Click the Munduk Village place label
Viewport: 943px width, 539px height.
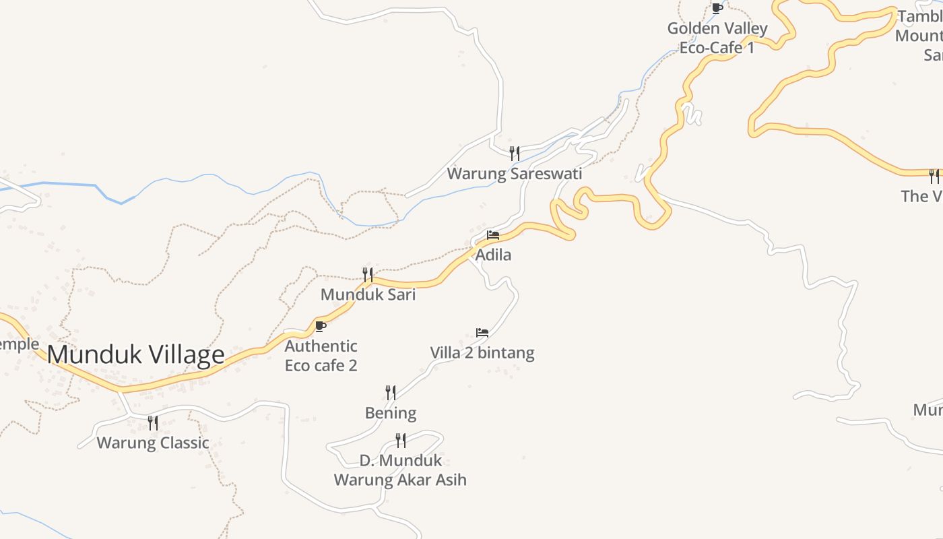tap(135, 354)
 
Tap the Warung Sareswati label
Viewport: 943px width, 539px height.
tap(515, 174)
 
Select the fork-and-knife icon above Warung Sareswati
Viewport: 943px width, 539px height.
tap(515, 153)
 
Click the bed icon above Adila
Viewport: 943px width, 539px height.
tap(493, 235)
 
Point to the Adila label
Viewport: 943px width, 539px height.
tap(493, 255)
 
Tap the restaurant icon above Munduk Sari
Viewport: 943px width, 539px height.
tap(368, 274)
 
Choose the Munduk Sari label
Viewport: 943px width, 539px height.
tap(368, 294)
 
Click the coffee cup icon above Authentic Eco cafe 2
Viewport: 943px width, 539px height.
tap(321, 327)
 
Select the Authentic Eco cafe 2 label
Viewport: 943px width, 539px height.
tap(321, 356)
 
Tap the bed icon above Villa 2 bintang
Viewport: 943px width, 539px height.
tap(482, 333)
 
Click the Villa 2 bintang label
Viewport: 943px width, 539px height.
tap(482, 352)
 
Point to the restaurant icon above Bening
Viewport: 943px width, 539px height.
tap(391, 392)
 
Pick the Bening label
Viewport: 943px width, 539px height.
tap(391, 412)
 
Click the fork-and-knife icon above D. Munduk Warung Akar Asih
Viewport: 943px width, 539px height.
tap(401, 440)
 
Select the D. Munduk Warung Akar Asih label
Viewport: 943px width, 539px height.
tap(400, 470)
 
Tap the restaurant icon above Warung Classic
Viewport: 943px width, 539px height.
tap(153, 422)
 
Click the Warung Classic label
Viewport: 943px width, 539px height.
tap(153, 443)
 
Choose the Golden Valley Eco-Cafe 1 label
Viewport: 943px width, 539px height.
tap(717, 38)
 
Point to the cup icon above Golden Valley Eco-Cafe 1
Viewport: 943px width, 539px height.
tap(717, 8)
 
